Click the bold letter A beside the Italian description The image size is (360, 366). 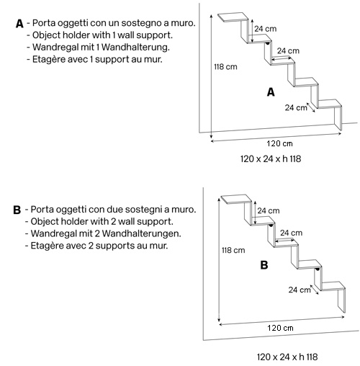19,24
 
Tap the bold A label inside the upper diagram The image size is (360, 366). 271,92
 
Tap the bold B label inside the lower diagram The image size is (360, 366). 264,265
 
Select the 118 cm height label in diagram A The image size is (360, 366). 226,67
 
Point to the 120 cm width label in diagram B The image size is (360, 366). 280,328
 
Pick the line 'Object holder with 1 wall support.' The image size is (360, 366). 102,35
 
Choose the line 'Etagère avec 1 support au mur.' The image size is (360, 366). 96,58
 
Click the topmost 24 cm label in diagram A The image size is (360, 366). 266,29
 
